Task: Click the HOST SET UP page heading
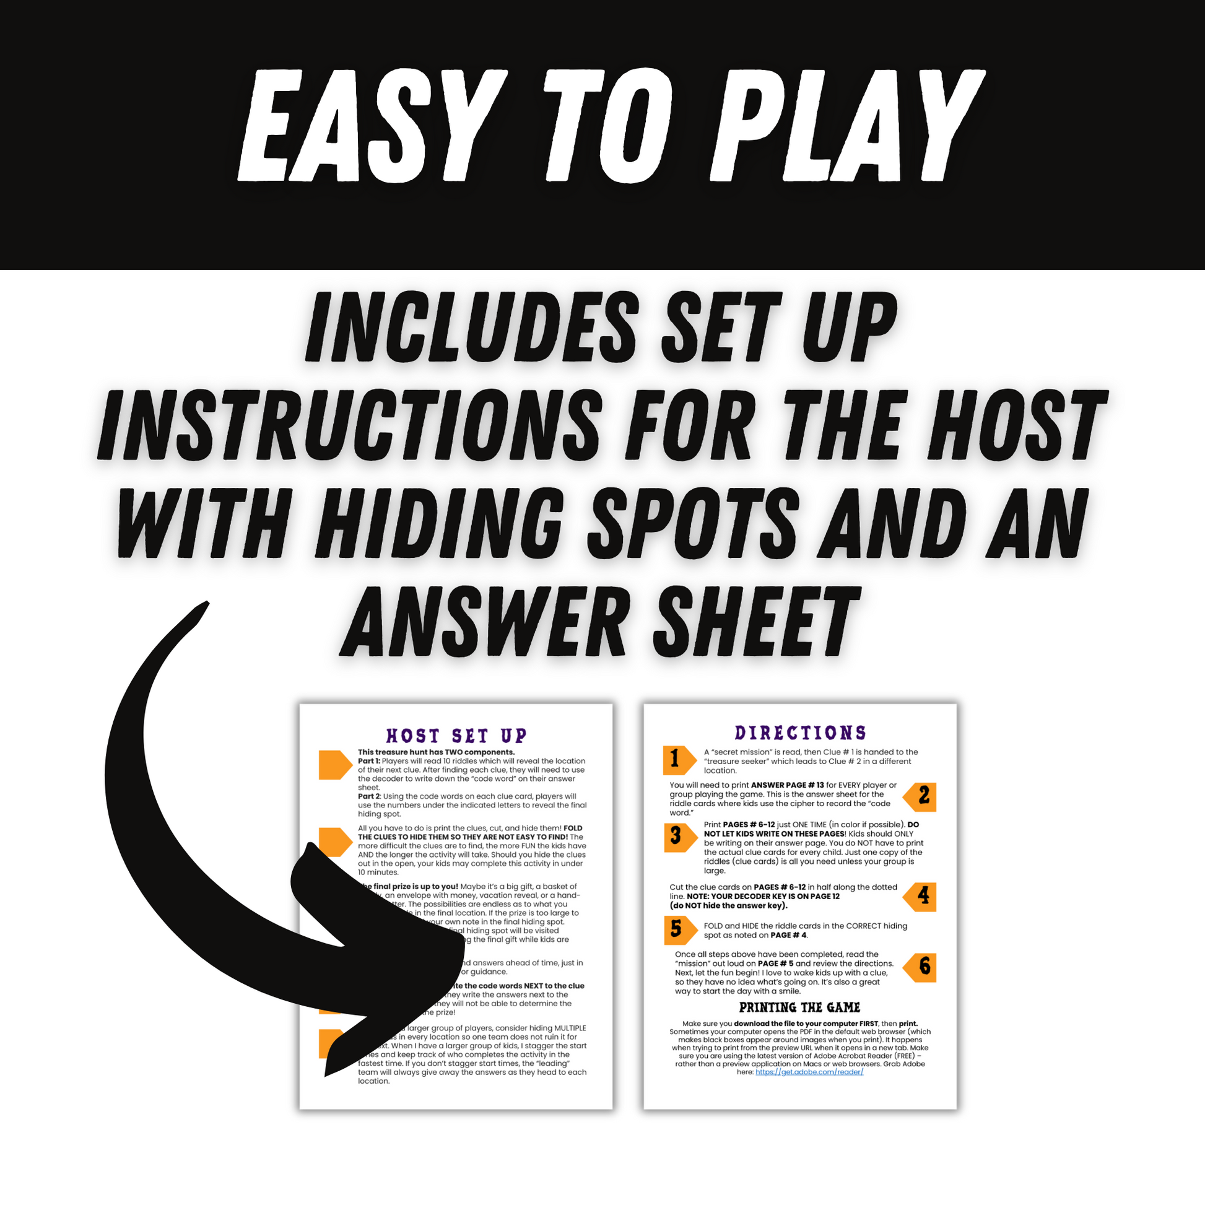click(x=456, y=736)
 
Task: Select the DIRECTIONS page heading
click(x=800, y=733)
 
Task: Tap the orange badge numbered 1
click(x=678, y=760)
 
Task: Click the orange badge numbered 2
click(x=921, y=796)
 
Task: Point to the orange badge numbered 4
click(x=921, y=897)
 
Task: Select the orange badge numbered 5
click(x=678, y=930)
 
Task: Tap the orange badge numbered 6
click(x=921, y=967)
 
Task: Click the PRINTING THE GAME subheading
click(x=799, y=1007)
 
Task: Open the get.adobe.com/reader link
click(x=809, y=1071)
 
